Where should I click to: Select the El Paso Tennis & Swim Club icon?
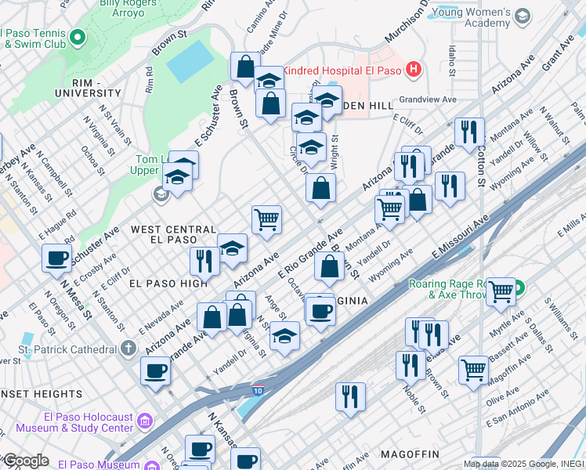(77, 37)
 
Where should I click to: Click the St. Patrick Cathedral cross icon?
(128, 348)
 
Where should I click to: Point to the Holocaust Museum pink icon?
(143, 423)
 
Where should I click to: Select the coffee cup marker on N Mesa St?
(57, 258)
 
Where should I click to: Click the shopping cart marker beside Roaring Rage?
(500, 291)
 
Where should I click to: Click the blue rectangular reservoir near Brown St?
(190, 62)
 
